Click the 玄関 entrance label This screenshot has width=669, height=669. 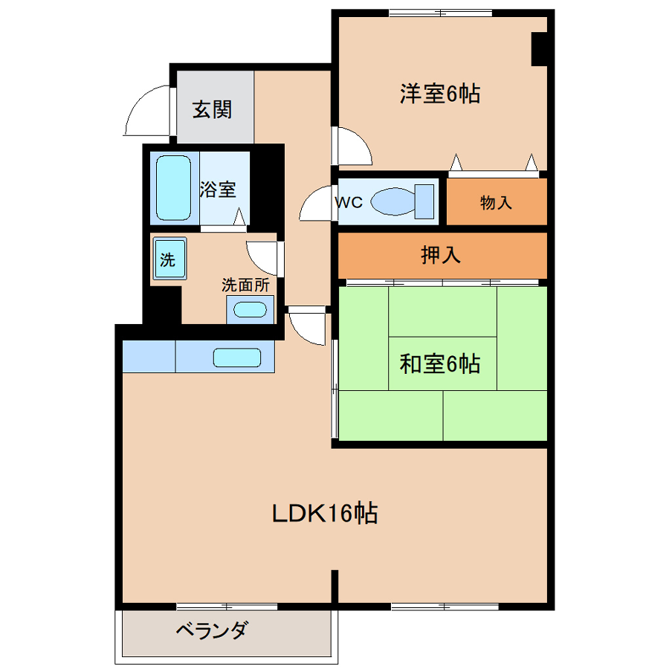(x=212, y=110)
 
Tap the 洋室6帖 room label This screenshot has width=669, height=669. (x=440, y=94)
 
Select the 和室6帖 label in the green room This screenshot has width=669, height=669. (x=440, y=364)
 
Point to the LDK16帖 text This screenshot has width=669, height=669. (x=325, y=513)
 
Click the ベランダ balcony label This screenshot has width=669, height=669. (x=211, y=630)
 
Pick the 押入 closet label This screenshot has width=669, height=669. (x=441, y=255)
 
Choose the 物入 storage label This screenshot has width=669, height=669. (x=496, y=201)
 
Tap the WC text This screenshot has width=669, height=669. (x=349, y=201)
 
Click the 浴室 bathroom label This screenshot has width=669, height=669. (x=218, y=189)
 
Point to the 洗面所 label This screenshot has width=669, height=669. (x=246, y=285)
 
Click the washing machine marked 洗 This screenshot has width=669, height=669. (x=169, y=259)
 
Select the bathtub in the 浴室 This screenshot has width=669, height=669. (x=173, y=188)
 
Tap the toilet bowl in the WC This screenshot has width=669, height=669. (x=402, y=201)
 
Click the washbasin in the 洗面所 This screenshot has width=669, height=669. (x=250, y=309)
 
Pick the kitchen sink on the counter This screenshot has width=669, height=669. (x=237, y=358)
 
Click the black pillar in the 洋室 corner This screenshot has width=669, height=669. (x=539, y=48)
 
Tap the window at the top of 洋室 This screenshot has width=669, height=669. (x=441, y=13)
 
